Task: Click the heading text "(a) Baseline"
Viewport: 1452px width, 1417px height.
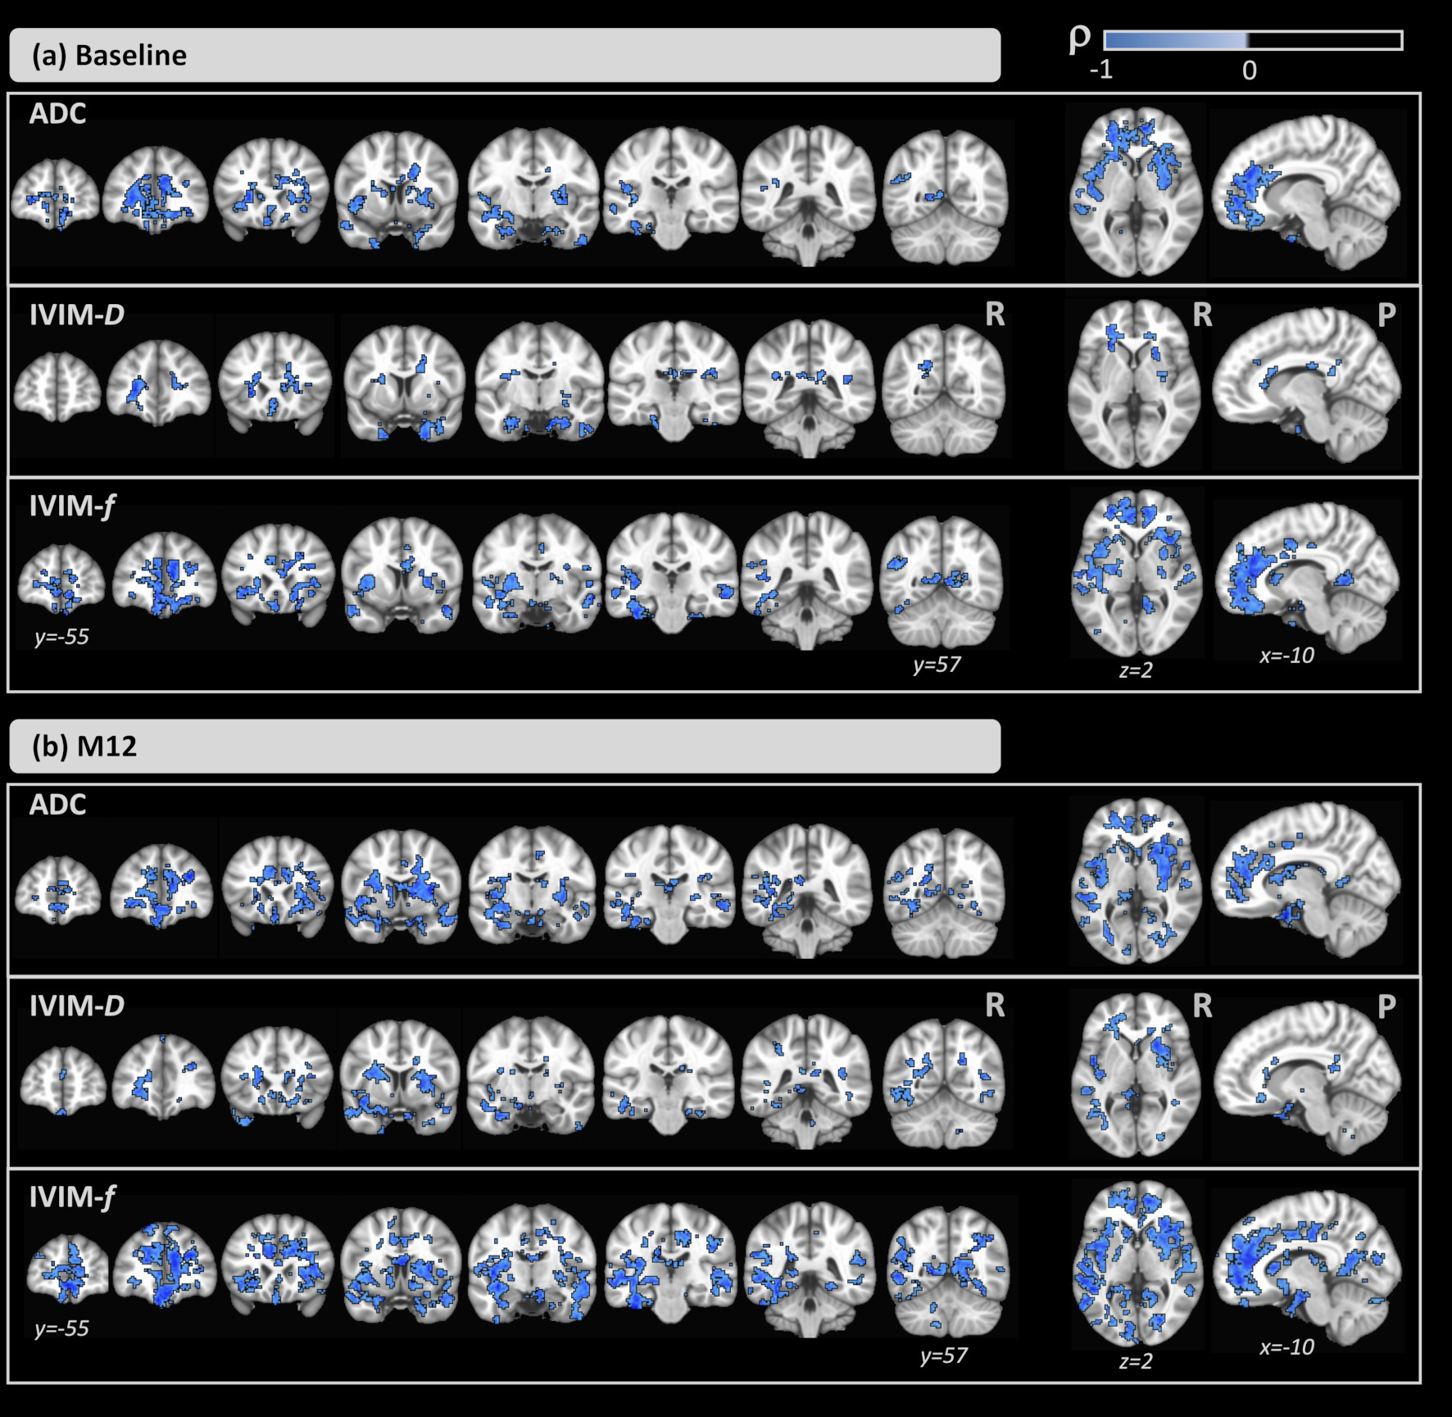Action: pyautogui.click(x=109, y=55)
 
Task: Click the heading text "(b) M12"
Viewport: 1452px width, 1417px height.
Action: pyautogui.click(x=84, y=747)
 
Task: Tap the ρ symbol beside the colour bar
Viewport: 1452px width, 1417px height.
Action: pyautogui.click(x=1080, y=39)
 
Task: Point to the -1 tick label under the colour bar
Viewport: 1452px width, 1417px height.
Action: pyautogui.click(x=1101, y=70)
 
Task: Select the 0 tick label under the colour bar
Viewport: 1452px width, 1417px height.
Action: pyautogui.click(x=1249, y=70)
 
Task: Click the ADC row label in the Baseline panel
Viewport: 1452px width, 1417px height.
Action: pyautogui.click(x=57, y=113)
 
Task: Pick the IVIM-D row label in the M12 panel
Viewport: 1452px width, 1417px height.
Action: pyautogui.click(x=76, y=1006)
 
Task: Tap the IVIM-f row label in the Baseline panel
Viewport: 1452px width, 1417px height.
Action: pyautogui.click(x=72, y=506)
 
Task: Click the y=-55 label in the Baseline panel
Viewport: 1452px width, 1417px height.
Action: pyautogui.click(x=61, y=637)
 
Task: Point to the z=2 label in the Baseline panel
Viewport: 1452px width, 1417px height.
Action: pyautogui.click(x=1136, y=670)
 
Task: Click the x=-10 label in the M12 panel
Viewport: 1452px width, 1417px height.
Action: pyautogui.click(x=1286, y=1347)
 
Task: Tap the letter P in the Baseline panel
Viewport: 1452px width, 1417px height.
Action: pyautogui.click(x=1386, y=315)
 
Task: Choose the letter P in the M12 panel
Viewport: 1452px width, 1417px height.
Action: pyautogui.click(x=1386, y=1006)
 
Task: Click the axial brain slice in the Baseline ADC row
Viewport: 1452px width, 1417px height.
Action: pyautogui.click(x=1134, y=191)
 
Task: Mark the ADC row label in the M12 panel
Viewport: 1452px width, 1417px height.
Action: pyautogui.click(x=57, y=805)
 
